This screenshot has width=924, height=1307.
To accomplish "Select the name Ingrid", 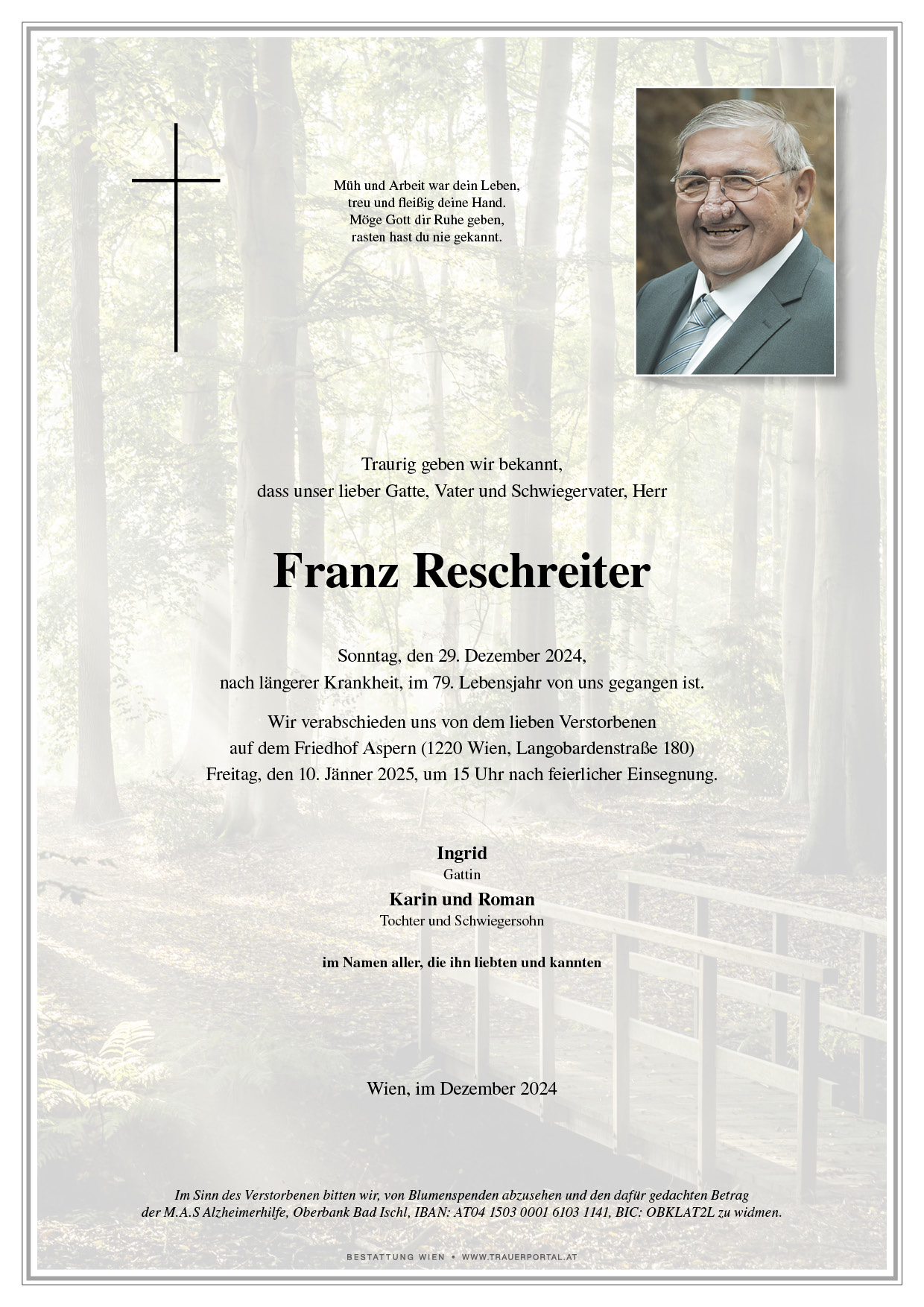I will pyautogui.click(x=461, y=852).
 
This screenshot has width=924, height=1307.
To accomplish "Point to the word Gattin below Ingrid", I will pyautogui.click(x=461, y=874).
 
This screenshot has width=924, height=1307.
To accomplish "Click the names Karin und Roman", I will pyautogui.click(x=461, y=899).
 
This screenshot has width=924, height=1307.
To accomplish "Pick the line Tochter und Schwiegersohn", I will pyautogui.click(x=461, y=921).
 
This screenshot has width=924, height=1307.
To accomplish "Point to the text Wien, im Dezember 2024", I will pyautogui.click(x=461, y=1089).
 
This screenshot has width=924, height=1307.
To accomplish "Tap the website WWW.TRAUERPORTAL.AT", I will pyautogui.click(x=519, y=1257).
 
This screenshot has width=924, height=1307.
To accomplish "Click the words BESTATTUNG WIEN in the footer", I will pyautogui.click(x=395, y=1257).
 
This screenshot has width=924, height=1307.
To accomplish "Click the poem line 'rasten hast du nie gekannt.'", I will pyautogui.click(x=426, y=238).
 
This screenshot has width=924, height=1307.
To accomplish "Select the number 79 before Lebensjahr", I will pyautogui.click(x=441, y=683).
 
